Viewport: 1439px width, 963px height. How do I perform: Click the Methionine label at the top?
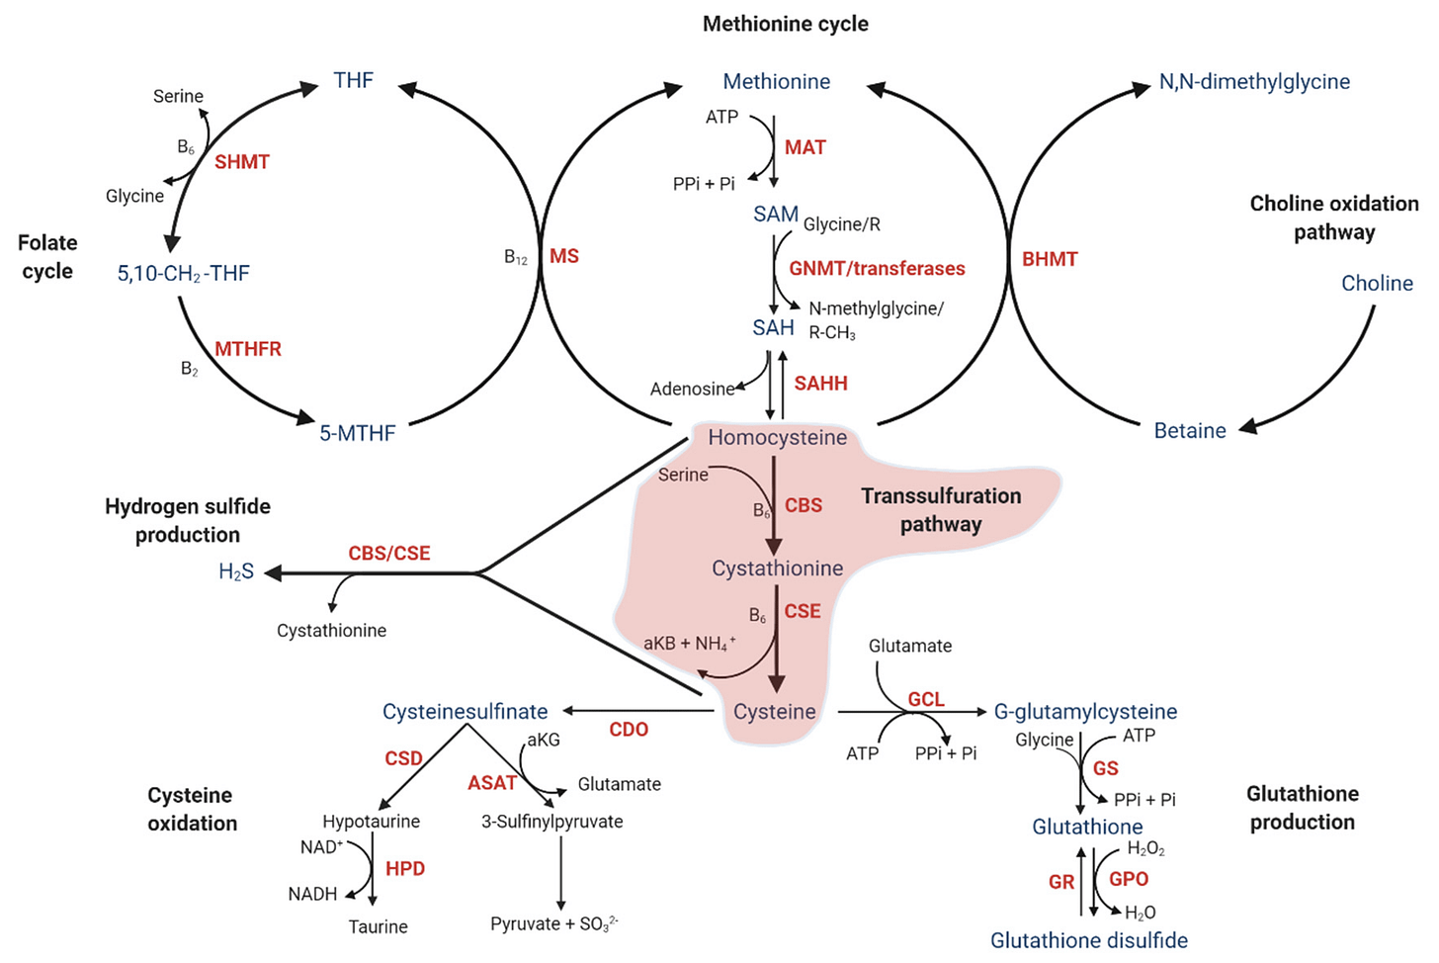click(776, 82)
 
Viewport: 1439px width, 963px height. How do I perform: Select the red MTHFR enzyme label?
click(248, 349)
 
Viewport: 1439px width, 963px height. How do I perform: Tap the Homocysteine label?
click(777, 437)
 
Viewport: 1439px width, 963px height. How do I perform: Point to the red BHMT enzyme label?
click(1050, 259)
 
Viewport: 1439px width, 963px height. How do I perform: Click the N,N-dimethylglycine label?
click(1254, 82)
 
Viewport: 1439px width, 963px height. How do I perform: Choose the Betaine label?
click(1190, 431)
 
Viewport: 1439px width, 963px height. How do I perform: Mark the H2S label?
click(236, 571)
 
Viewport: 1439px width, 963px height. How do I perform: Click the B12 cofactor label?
click(516, 258)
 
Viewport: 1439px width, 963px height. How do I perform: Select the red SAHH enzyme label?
click(820, 384)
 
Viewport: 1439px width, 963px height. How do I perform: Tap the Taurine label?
click(378, 926)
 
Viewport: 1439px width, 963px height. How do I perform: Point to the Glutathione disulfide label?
click(1089, 940)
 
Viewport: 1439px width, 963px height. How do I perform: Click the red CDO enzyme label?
click(629, 730)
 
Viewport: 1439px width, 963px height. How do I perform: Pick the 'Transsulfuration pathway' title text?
click(941, 510)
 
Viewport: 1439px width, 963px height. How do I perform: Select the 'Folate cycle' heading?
click(47, 257)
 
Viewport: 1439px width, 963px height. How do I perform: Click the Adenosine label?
click(692, 390)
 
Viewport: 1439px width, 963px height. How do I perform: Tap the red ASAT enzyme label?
click(492, 783)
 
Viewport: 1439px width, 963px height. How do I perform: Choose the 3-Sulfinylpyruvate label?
click(551, 822)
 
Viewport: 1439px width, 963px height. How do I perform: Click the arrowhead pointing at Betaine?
click(1248, 426)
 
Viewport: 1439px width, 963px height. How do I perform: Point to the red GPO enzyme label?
click(1129, 879)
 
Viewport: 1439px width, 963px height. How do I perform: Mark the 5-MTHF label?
click(357, 433)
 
